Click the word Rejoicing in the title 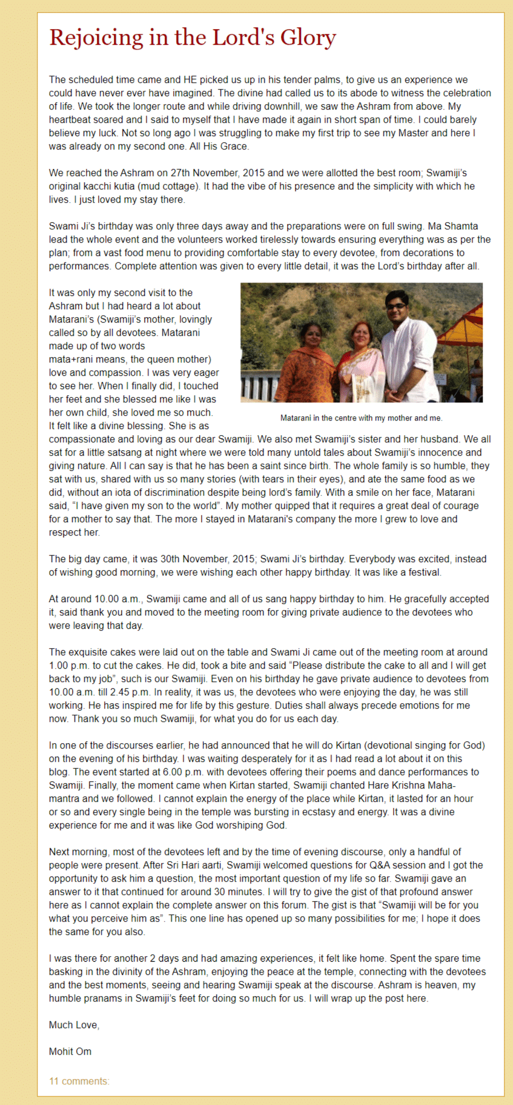(96, 38)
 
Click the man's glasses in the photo (397, 306)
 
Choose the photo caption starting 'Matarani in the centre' (361, 418)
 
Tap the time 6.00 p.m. (182, 772)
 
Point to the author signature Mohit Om (70, 1052)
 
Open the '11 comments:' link (79, 1081)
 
